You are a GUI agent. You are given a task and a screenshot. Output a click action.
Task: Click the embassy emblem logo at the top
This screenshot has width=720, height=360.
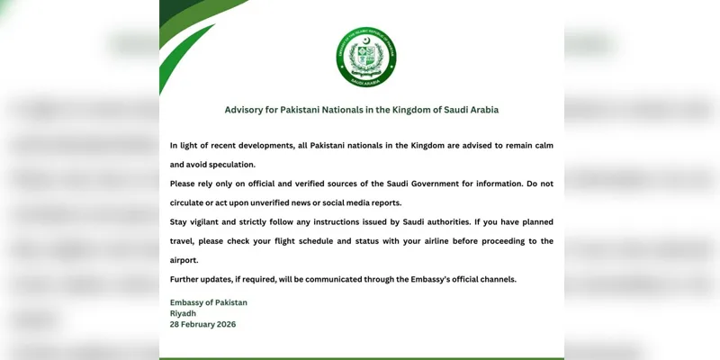pyautogui.click(x=366, y=57)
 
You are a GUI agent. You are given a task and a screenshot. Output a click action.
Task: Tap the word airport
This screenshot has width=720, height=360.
pyautogui.click(x=184, y=260)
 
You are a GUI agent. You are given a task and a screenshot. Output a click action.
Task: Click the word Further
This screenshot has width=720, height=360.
pyautogui.click(x=186, y=279)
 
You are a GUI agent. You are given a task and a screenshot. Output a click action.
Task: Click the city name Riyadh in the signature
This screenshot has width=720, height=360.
pyautogui.click(x=184, y=313)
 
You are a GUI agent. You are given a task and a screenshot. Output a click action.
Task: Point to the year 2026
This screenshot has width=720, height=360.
pyautogui.click(x=226, y=324)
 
